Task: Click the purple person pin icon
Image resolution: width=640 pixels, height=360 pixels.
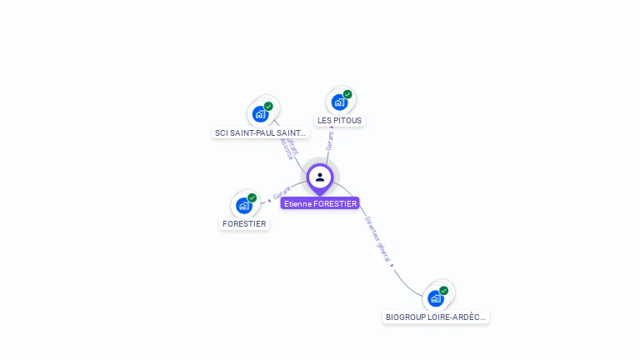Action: tap(320, 177)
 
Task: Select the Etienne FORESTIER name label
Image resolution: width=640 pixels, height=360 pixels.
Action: tap(320, 203)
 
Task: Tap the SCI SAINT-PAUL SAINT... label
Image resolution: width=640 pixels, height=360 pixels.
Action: tap(261, 132)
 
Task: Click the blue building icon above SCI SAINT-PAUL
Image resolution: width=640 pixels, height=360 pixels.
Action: tap(261, 114)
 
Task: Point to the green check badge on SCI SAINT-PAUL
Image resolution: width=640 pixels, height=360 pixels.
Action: tap(268, 106)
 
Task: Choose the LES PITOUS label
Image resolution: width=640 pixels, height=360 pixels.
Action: tap(340, 120)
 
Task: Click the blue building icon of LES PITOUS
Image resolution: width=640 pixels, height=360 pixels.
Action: tap(339, 102)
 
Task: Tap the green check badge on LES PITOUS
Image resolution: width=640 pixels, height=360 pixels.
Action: tap(347, 94)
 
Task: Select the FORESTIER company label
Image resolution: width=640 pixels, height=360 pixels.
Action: tap(244, 223)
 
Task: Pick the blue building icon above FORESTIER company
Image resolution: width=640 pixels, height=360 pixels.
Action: tap(243, 205)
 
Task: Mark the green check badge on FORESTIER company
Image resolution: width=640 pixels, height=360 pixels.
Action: tap(252, 197)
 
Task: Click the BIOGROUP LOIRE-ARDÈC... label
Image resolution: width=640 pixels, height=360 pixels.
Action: tap(436, 317)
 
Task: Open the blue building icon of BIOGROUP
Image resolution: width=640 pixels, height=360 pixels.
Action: tap(435, 298)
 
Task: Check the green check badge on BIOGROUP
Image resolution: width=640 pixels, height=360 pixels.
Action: tap(443, 290)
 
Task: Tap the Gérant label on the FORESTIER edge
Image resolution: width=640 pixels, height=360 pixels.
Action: tap(282, 192)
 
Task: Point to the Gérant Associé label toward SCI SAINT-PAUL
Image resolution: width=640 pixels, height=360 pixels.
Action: tap(288, 148)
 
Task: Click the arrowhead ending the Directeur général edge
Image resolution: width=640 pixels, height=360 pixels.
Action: tap(392, 265)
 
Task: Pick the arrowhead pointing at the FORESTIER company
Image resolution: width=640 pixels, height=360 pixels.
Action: tap(269, 200)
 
